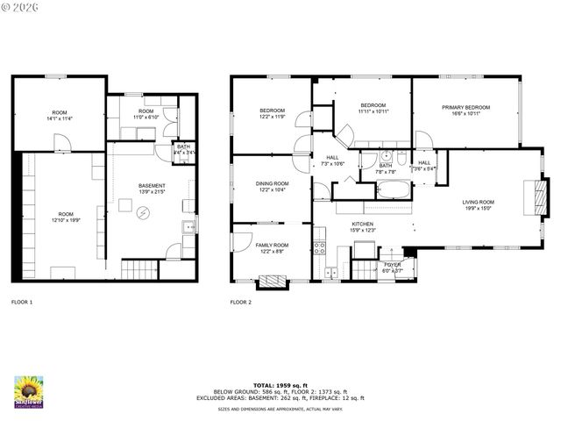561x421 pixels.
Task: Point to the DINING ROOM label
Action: [271, 183]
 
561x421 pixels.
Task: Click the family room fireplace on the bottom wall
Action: [272, 282]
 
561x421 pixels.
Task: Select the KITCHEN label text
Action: [363, 224]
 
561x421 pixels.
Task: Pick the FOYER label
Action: [391, 264]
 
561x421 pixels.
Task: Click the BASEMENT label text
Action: [152, 185]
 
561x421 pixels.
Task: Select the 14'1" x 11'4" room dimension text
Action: [60, 118]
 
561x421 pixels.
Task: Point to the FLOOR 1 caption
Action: [22, 302]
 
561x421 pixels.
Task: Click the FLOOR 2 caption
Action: [241, 302]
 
